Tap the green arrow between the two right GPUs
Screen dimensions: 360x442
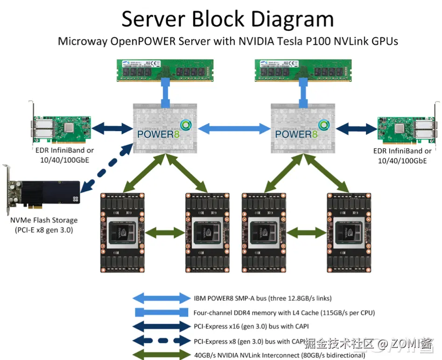pyautogui.click(x=303, y=232)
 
